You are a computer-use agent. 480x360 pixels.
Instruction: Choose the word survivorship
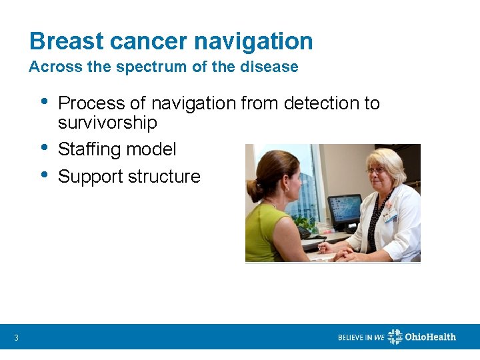[107, 123]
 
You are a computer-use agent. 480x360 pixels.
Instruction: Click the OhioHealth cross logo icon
[395, 337]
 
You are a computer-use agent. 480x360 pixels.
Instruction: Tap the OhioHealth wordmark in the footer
[431, 337]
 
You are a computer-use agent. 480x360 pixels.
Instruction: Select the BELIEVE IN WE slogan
[361, 337]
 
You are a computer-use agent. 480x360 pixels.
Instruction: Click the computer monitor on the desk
[345, 211]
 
